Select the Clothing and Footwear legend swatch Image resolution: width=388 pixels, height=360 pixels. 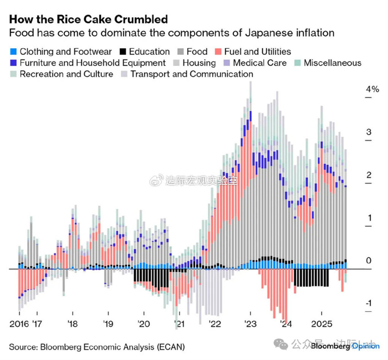pyautogui.click(x=13, y=52)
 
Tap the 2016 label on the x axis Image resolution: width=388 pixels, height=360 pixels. pyautogui.click(x=19, y=324)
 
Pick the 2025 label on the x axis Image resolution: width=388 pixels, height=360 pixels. pyautogui.click(x=321, y=324)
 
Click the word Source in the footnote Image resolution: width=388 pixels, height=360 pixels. pyautogui.click(x=24, y=347)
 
